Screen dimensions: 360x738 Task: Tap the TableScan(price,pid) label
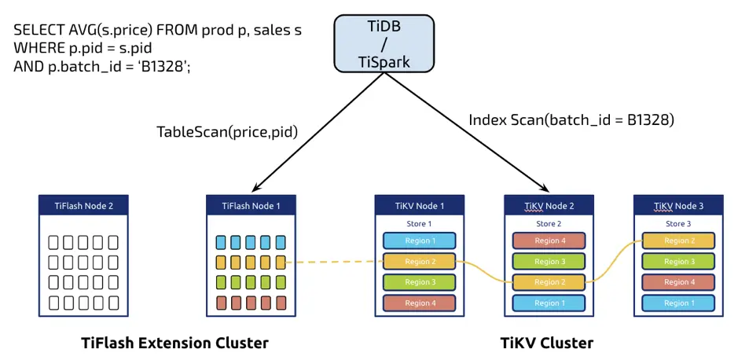coord(227,131)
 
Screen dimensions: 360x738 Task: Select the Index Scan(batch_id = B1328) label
coord(571,120)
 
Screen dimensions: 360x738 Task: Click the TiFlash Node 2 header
coord(83,206)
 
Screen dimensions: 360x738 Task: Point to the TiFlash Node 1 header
coord(251,206)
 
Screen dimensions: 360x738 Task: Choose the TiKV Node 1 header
coord(419,206)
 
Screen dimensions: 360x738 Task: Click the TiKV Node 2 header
coord(549,206)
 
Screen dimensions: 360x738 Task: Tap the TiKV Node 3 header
coord(677,206)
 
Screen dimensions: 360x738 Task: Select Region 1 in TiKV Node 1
coord(419,241)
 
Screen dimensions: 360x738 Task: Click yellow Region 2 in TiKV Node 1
coord(419,261)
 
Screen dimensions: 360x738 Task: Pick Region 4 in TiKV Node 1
coord(419,303)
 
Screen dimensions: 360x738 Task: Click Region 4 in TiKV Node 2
coord(549,241)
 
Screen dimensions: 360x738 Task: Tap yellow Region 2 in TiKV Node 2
coord(549,282)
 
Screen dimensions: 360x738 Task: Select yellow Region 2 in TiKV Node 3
coord(677,241)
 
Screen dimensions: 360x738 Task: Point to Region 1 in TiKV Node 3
coord(677,303)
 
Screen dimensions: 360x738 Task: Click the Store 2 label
coord(549,224)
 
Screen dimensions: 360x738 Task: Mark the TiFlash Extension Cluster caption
coord(174,343)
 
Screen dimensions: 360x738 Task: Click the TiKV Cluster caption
coord(546,343)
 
